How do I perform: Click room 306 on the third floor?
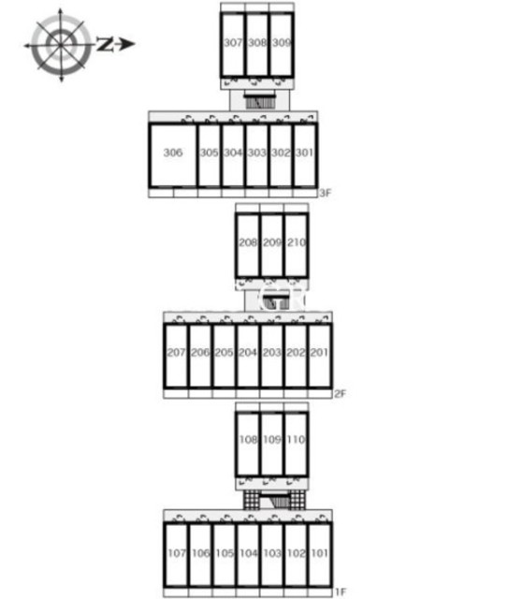(173, 155)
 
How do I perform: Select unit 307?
(233, 45)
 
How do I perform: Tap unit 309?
(282, 45)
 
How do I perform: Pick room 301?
(305, 155)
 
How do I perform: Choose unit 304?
(233, 155)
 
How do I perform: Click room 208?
(248, 245)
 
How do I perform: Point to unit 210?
(296, 245)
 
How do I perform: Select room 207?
(176, 356)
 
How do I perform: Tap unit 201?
(320, 356)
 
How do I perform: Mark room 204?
(248, 356)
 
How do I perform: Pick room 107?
(176, 555)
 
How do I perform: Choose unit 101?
(320, 555)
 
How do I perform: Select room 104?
(248, 555)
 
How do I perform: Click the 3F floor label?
(325, 193)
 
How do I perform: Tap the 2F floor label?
(340, 393)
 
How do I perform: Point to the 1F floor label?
(340, 592)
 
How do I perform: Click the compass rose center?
(61, 45)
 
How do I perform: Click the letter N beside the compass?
(105, 44)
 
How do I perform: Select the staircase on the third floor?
(260, 100)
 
